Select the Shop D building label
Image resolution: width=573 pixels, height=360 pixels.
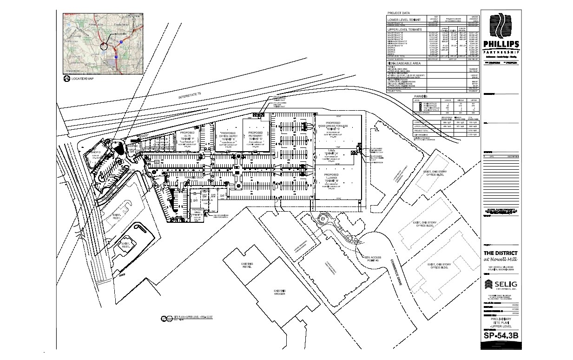point(96,152)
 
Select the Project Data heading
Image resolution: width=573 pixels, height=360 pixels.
point(399,13)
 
